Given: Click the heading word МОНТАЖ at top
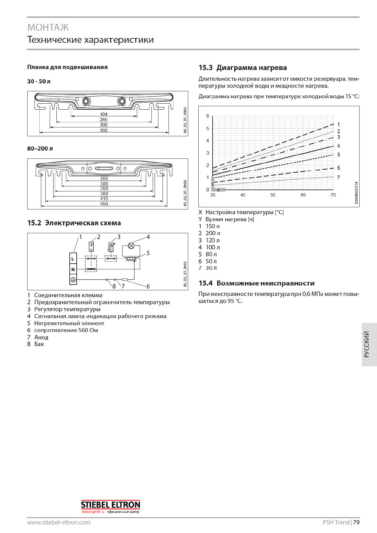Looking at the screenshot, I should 48,28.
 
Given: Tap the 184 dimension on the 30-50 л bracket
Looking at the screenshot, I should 104,114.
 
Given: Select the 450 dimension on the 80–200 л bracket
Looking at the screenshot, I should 104,204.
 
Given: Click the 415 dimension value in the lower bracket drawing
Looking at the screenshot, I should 104,199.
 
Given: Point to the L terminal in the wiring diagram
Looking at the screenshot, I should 73,259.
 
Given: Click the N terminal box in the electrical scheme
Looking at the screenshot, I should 73,269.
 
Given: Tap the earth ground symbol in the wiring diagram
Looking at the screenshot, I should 73,279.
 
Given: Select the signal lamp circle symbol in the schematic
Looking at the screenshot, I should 131,246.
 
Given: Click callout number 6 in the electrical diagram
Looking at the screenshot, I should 148,286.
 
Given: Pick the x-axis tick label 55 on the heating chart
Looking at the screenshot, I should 273,195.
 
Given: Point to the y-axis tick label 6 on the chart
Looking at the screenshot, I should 208,116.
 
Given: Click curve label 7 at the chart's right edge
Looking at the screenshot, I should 338,177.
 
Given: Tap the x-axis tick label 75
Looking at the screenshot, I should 333,195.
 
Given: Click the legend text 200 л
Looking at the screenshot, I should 213,233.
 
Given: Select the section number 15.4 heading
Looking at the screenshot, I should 206,283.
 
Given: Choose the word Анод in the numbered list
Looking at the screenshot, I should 41,337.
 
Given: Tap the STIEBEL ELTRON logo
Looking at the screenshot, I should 110,505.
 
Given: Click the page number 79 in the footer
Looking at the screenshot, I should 356,523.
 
